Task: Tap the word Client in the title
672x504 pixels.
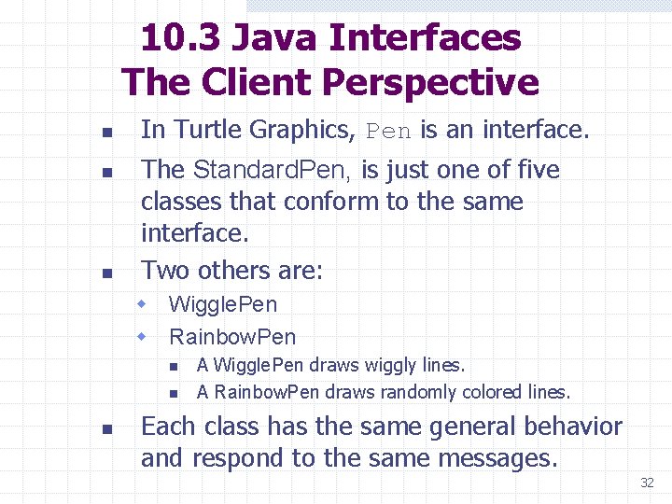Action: coord(251,82)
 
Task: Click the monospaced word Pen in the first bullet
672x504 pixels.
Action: coord(388,132)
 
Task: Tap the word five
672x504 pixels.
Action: coord(535,170)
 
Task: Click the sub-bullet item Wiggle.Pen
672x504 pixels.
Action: coord(223,304)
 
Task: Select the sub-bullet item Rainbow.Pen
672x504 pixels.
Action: coord(232,336)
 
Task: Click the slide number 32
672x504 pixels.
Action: coord(647,483)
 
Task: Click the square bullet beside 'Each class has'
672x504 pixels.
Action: coord(107,429)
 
